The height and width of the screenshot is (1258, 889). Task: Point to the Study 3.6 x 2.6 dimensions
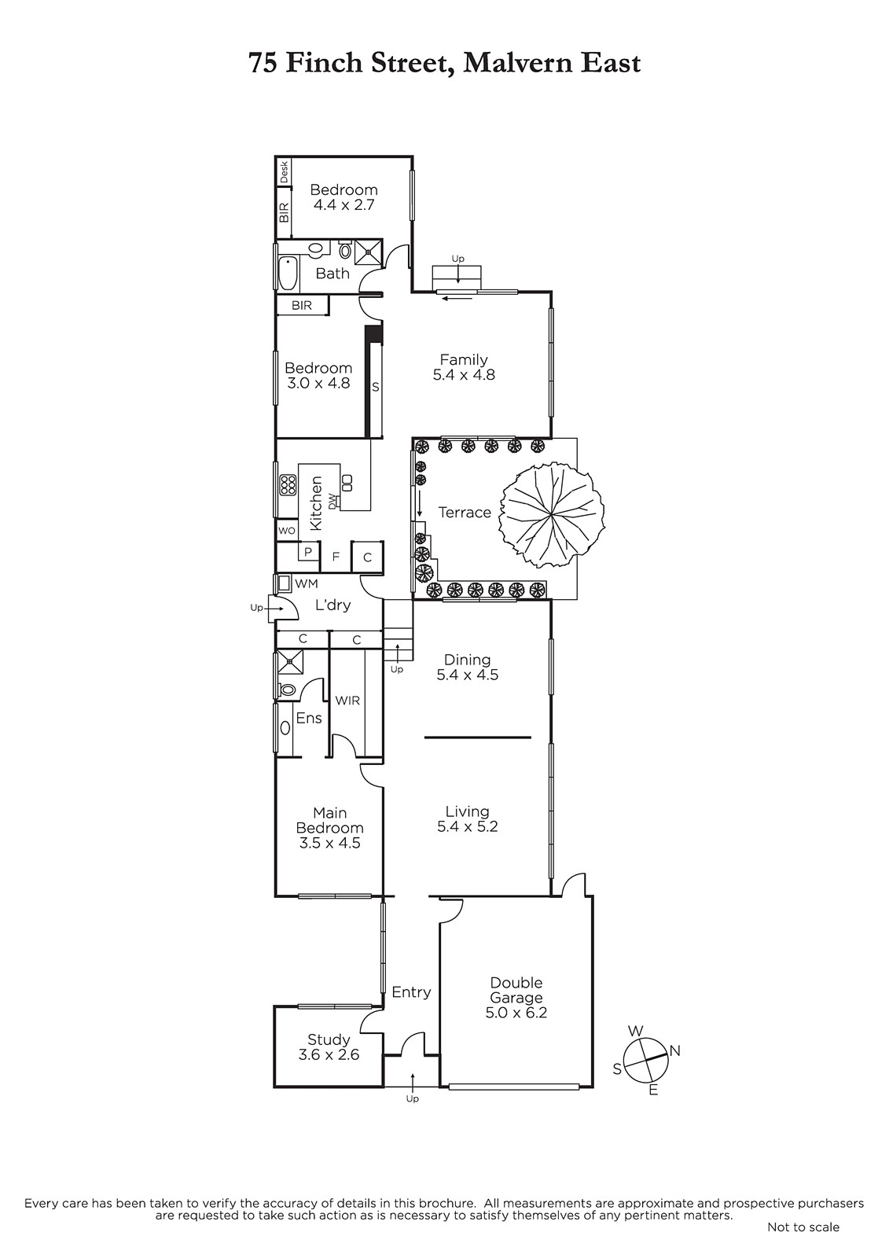pos(329,1054)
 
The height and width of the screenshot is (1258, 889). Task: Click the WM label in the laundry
pos(306,584)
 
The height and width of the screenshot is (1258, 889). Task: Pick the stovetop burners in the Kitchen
pos(288,484)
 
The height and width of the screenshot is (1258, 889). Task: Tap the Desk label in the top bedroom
pos(285,172)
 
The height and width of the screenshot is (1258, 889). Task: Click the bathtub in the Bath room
pos(288,273)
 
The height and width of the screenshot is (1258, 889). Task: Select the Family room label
pos(464,359)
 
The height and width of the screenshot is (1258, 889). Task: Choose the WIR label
pos(347,701)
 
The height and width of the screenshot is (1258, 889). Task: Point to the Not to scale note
pos(803,1227)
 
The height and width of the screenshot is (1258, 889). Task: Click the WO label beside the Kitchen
pos(286,531)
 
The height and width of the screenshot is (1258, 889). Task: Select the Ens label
pos(309,718)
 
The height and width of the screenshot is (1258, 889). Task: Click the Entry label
pos(411,992)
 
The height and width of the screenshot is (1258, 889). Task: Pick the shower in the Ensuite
pos(289,662)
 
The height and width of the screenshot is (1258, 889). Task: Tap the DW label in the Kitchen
pos(332,502)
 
